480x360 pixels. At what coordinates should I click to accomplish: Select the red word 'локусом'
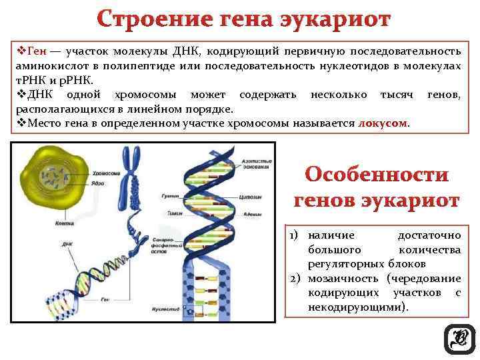coord(382,123)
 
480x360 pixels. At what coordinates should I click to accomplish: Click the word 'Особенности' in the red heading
coord(377,175)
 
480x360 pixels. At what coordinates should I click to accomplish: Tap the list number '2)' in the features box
coord(296,277)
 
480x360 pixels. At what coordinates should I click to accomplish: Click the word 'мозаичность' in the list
coord(345,277)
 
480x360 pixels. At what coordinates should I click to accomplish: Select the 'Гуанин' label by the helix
coord(169,197)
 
